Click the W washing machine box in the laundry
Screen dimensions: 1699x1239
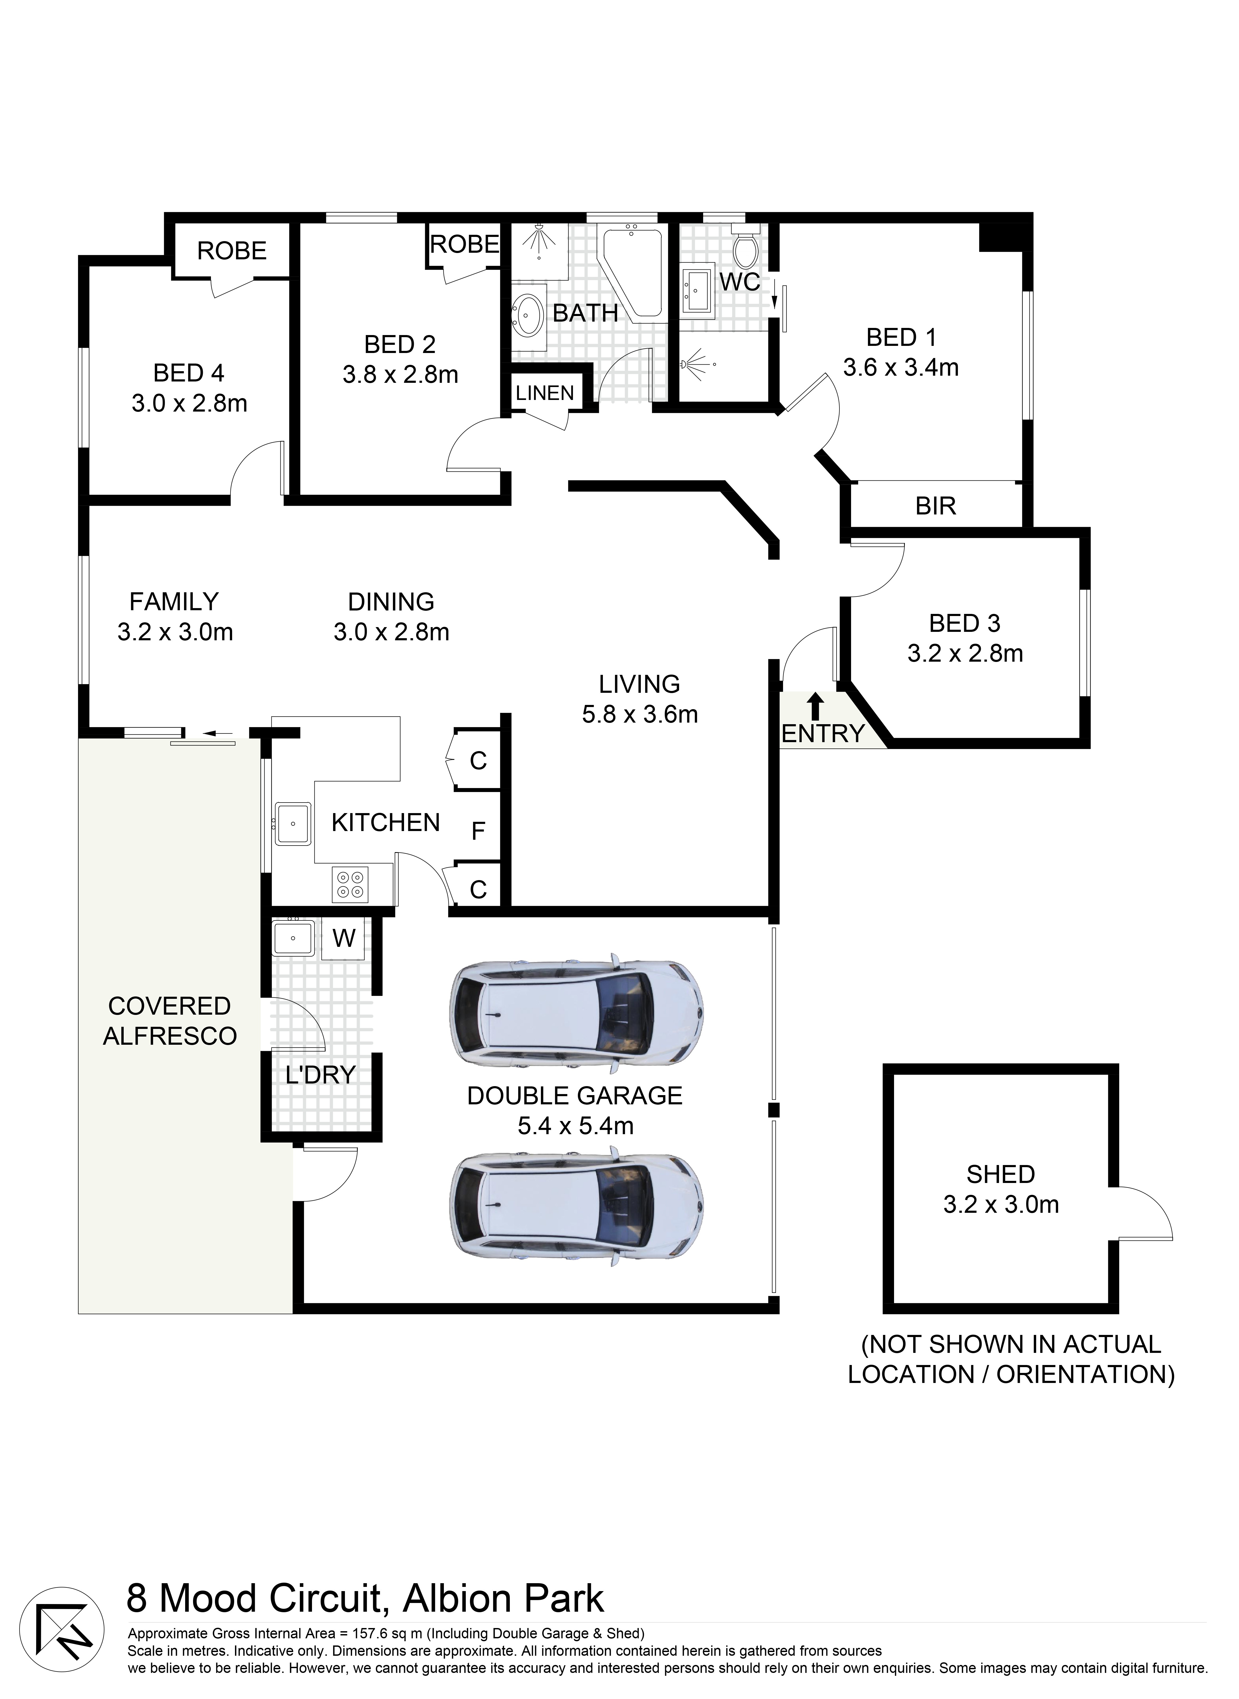[343, 938]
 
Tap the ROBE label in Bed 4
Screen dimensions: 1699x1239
[232, 251]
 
